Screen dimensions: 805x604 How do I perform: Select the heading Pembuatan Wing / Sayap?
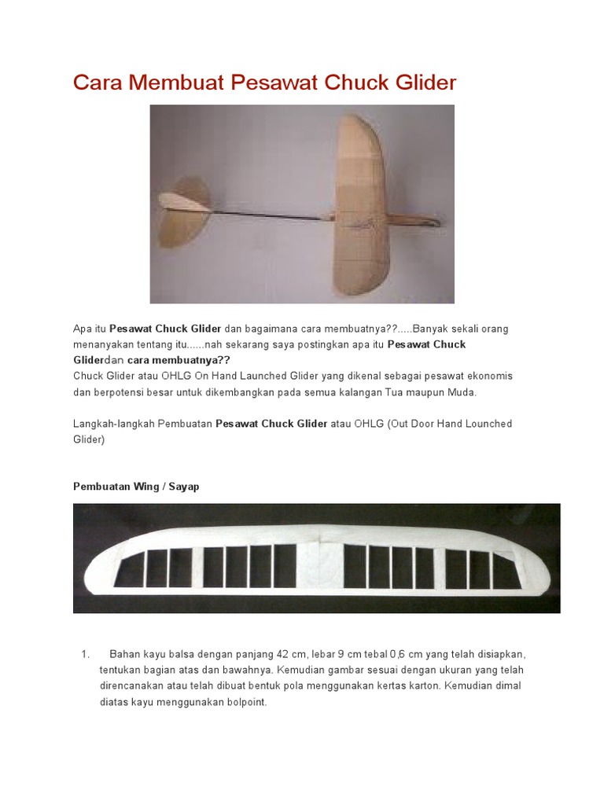point(136,487)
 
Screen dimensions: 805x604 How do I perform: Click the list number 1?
point(85,654)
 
